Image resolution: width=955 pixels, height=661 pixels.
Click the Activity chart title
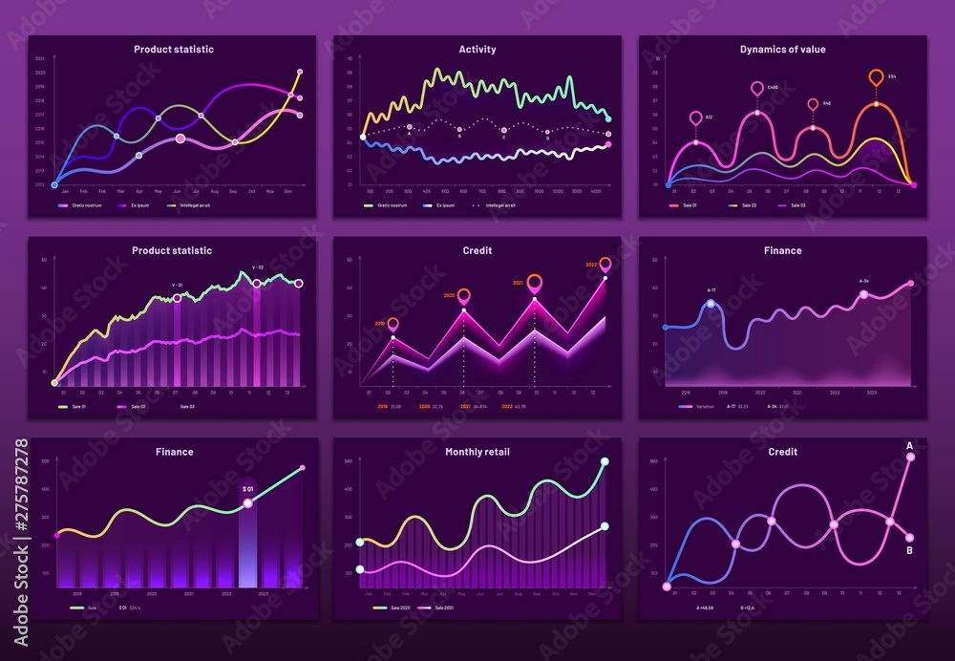pyautogui.click(x=477, y=50)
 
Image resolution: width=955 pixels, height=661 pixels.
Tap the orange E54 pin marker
pyautogui.click(x=876, y=77)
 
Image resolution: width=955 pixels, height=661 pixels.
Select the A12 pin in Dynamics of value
pyautogui.click(x=695, y=118)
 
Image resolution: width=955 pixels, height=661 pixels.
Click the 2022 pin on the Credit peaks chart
pyautogui.click(x=605, y=265)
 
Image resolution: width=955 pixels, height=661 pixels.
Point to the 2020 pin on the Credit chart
pyautogui.click(x=464, y=296)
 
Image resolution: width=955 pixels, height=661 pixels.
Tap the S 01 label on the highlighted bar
pyautogui.click(x=247, y=488)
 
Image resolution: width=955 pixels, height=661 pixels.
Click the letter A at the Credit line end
pyautogui.click(x=909, y=445)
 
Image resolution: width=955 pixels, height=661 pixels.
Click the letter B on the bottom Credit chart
pyautogui.click(x=909, y=550)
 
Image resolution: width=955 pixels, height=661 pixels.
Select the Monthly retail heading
pyautogui.click(x=477, y=452)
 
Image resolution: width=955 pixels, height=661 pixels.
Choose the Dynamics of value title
pyautogui.click(x=782, y=50)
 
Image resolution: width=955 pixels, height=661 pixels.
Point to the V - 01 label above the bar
pyautogui.click(x=177, y=284)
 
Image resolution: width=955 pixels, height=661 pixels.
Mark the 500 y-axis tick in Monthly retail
pyautogui.click(x=349, y=461)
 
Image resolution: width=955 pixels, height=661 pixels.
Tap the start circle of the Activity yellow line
pyautogui.click(x=363, y=138)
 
